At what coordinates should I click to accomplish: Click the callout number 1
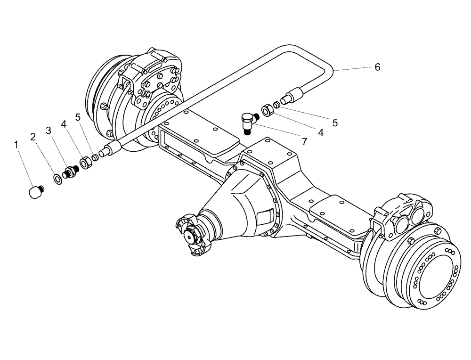[17, 145]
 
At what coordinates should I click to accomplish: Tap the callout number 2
[32, 137]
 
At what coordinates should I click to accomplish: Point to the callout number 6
[377, 67]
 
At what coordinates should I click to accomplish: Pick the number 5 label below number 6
[334, 123]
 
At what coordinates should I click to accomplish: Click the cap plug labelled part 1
[34, 191]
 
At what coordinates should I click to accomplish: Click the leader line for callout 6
[353, 69]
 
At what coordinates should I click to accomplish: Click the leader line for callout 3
[57, 150]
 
